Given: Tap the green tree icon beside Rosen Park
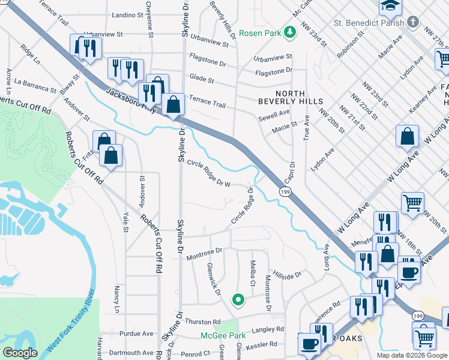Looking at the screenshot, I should [x=289, y=32].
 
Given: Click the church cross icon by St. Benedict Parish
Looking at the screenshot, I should [x=412, y=23].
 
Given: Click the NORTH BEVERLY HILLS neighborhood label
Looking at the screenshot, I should [x=299, y=97].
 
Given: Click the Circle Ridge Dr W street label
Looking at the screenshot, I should [x=209, y=173].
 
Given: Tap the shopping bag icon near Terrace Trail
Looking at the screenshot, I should [x=173, y=104].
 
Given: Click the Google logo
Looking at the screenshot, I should [x=20, y=353].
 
